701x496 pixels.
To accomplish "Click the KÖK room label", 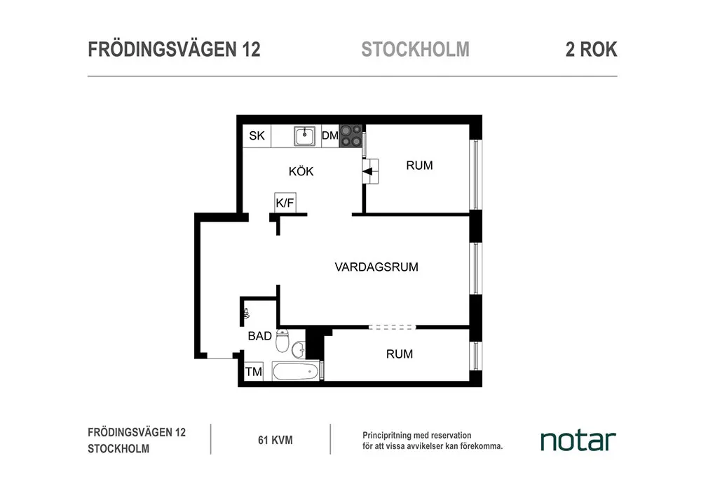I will (301, 171).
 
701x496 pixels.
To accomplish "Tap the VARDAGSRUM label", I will (376, 267).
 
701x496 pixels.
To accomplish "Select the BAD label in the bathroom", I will (259, 336).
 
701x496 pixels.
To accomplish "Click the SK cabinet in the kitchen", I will (257, 136).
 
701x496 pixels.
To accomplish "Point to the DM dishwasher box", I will (330, 136).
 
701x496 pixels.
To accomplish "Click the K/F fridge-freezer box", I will (285, 203).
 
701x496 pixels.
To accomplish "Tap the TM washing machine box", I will (254, 372).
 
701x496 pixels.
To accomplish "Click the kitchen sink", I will (305, 135).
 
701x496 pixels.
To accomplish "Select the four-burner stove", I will (351, 136).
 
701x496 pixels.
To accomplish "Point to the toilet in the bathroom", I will (282, 341).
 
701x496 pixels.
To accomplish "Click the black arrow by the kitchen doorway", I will (367, 170).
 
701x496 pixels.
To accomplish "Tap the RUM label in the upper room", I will (419, 166).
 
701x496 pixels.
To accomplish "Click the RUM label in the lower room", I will (400, 354).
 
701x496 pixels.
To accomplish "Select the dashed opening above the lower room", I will (392, 327).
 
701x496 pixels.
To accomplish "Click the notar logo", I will (578, 441).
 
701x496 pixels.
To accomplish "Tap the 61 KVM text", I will (275, 441).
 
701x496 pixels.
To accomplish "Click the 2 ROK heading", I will (591, 50).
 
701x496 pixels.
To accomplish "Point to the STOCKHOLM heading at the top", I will (415, 50).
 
